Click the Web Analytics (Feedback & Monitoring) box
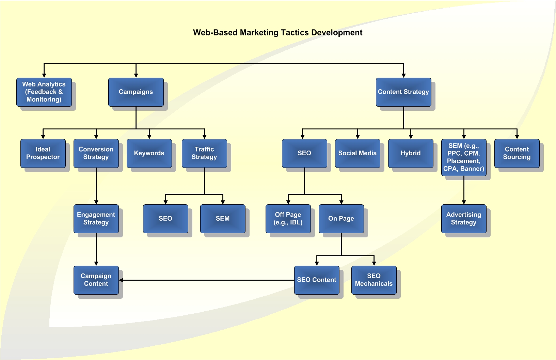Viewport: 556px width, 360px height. point(44,92)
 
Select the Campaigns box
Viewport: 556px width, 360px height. point(136,92)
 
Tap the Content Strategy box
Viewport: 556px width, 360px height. point(403,92)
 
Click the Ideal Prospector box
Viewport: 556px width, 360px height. point(43,153)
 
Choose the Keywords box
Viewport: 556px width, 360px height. point(149,153)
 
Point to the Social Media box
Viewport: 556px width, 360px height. point(358,153)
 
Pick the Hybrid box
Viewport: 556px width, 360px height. point(411,153)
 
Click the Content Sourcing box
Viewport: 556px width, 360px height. point(517,153)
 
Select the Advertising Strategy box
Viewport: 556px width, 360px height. point(464,219)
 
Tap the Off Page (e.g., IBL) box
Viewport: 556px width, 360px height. point(288,219)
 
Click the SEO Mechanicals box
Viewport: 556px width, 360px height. point(374,280)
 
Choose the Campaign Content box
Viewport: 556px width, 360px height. point(96,280)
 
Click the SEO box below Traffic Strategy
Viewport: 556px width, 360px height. point(165,219)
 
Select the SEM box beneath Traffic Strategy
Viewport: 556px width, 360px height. point(223,219)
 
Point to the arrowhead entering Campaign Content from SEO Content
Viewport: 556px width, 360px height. point(121,280)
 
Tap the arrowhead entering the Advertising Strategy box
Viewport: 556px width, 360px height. point(464,202)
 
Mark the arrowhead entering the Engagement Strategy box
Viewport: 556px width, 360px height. point(96,202)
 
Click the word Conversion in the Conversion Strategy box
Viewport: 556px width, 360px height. point(96,149)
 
